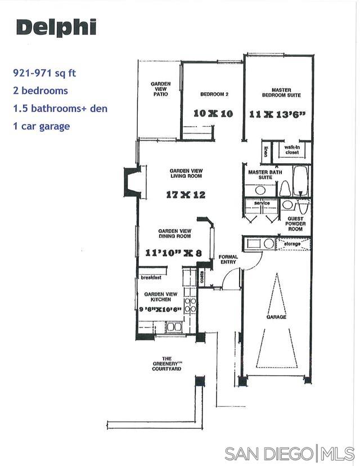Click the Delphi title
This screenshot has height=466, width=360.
click(56, 27)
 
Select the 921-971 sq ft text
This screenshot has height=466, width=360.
click(44, 73)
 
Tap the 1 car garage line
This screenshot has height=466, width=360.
click(42, 126)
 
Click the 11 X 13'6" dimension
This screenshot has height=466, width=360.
click(277, 114)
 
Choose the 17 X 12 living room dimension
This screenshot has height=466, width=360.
click(186, 195)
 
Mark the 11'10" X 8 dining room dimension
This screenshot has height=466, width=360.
click(173, 253)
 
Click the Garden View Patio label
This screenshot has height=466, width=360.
click(160, 89)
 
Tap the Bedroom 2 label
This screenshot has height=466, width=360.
click(214, 94)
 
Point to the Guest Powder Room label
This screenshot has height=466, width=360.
click(295, 223)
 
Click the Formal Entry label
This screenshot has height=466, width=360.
click(228, 260)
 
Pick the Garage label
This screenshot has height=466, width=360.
click(276, 317)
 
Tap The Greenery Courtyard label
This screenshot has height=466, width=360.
click(166, 364)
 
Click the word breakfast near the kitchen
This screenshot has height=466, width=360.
click(152, 277)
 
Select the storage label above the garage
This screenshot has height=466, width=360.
click(292, 244)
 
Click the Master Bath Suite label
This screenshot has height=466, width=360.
click(262, 175)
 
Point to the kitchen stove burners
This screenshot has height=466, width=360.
click(191, 304)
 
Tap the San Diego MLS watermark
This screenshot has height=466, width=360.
click(289, 453)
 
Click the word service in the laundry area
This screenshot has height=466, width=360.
click(263, 203)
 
